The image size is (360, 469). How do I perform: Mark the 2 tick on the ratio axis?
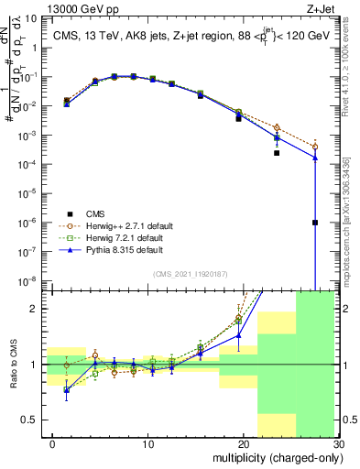(x=35, y=309)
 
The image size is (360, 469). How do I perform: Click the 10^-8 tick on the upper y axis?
(x=28, y=280)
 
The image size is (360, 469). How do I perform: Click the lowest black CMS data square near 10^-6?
(x=315, y=223)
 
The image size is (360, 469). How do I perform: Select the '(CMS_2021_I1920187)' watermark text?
(x=191, y=274)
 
